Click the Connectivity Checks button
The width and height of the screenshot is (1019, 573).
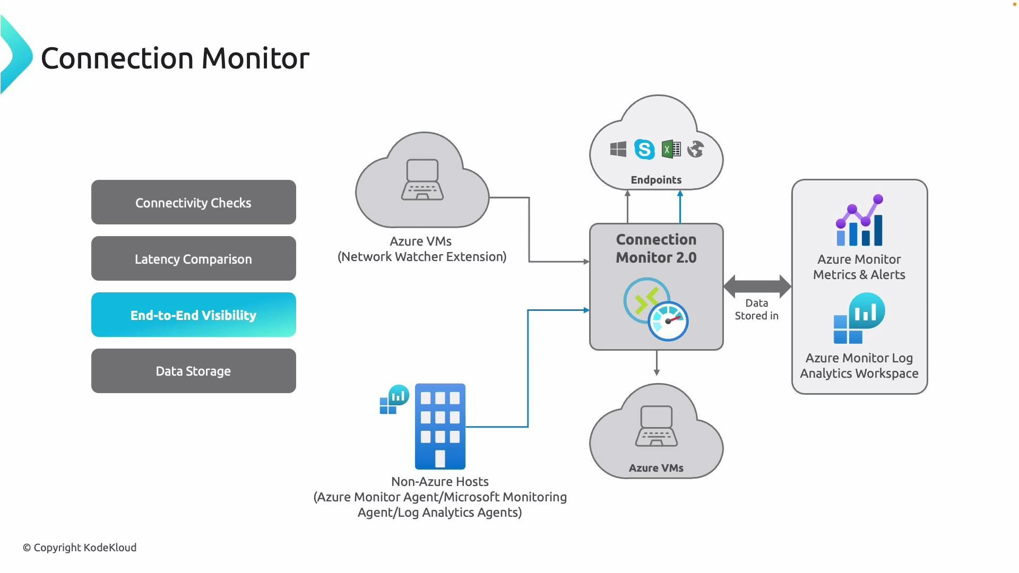click(x=193, y=202)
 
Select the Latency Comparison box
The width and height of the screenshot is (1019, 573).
click(x=193, y=258)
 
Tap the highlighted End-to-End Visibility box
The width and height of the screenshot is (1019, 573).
click(x=193, y=315)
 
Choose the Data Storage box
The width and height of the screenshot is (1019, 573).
click(x=193, y=371)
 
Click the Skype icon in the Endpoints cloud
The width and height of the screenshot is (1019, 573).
click(x=644, y=149)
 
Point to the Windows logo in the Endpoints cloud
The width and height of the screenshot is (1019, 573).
click(x=618, y=149)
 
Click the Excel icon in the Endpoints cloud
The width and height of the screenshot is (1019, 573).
click(x=671, y=149)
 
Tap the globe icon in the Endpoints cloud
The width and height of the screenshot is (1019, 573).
click(x=695, y=149)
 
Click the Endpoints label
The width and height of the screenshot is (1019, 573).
click(x=656, y=180)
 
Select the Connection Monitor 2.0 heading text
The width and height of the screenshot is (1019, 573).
click(x=656, y=248)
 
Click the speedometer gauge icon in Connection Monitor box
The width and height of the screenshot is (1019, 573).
click(x=668, y=321)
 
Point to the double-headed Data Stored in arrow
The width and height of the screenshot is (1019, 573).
click(x=757, y=286)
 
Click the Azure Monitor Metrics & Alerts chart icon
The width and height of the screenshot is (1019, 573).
click(x=859, y=221)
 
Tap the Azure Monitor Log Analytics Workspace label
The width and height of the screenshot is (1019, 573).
click(x=859, y=366)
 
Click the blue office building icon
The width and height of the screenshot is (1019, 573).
click(x=440, y=426)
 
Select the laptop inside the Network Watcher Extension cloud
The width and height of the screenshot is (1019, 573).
click(x=422, y=180)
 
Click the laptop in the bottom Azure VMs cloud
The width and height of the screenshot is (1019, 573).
click(x=657, y=426)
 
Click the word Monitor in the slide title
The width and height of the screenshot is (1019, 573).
click(x=255, y=58)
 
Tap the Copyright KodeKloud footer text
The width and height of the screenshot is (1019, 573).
click(x=80, y=548)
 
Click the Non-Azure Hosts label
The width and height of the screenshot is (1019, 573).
click(x=440, y=482)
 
